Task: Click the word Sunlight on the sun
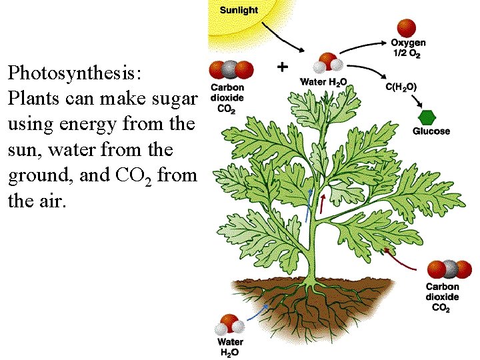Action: point(239,11)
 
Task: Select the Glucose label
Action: point(431,131)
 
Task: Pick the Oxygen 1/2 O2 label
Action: point(409,49)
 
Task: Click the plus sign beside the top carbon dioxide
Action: point(282,67)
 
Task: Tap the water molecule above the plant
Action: point(329,63)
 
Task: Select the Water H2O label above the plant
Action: point(324,82)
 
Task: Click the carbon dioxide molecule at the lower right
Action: point(449,270)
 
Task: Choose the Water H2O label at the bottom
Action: point(229,347)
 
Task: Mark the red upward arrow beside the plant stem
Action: point(322,205)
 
